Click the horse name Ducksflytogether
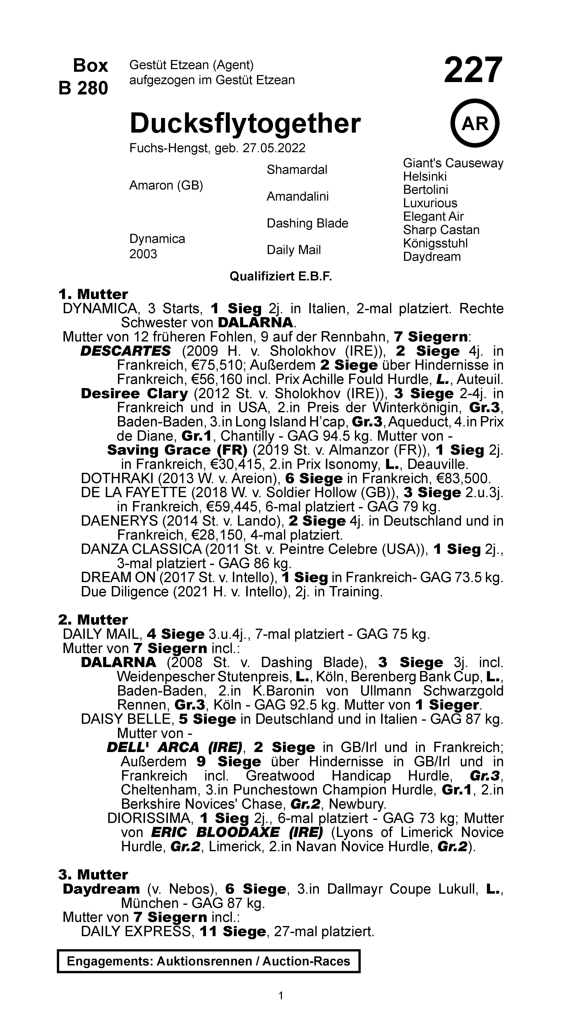[245, 124]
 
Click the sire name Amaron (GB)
[166, 185]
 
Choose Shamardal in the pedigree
[297, 170]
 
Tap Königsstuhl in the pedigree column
[435, 243]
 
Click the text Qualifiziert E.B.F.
[281, 276]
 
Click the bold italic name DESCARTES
[125, 351]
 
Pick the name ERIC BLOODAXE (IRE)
[237, 832]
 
